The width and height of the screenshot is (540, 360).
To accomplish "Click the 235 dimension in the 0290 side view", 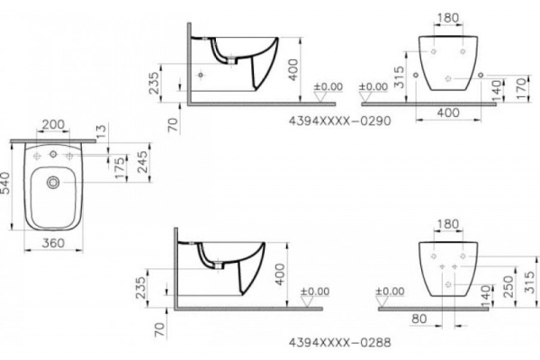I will [155, 82].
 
